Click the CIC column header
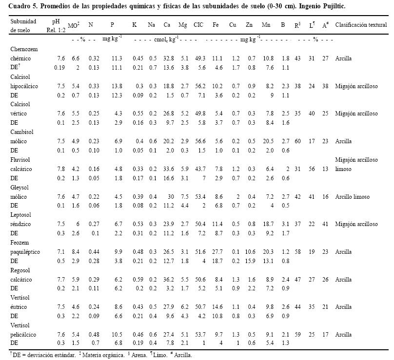[x=198, y=24]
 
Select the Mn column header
[x=266, y=24]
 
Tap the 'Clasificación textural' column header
[x=358, y=24]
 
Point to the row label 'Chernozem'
[x=24, y=49]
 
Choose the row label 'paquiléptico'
[x=25, y=252]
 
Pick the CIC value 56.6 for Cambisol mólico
[x=198, y=141]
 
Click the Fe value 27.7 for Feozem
[x=218, y=252]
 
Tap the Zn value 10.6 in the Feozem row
[x=251, y=252]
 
